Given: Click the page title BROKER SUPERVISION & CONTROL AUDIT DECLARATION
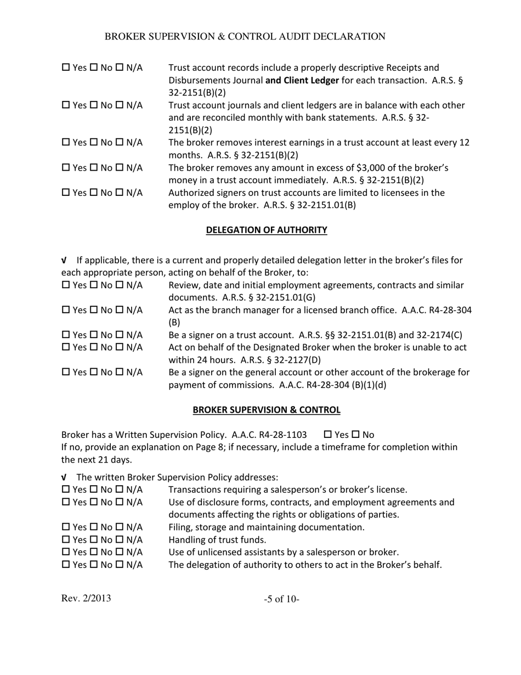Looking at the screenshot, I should pos(245,37).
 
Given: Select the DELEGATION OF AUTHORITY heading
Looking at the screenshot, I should pos(267,230).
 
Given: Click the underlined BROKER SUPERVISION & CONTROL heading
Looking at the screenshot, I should pos(267,410).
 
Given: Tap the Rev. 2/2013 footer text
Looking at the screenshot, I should pos(86,598).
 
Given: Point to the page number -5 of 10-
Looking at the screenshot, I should pos(281,599).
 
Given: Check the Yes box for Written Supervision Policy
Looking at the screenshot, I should pos(329,435).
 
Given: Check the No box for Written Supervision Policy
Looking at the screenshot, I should pos(354,435).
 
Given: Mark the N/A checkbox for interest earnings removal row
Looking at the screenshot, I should pos(120,143).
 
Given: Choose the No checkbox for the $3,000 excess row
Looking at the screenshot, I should pos(93,167).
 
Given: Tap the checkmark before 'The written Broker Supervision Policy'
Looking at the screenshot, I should pos(64,478).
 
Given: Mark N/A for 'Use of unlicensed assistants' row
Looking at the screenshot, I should pos(120,553).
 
